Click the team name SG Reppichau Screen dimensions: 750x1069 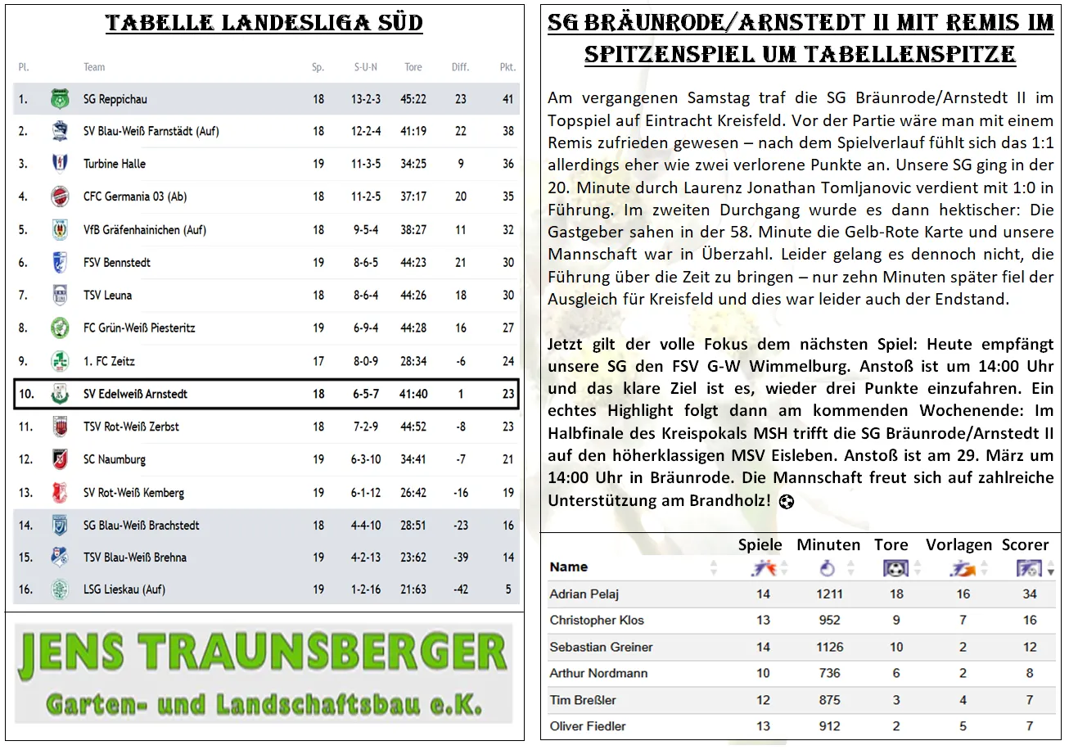[x=115, y=99]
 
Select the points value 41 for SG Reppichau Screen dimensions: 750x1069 [x=507, y=99]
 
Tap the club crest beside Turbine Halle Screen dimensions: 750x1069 [x=60, y=164]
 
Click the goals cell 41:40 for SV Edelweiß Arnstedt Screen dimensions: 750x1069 [x=413, y=394]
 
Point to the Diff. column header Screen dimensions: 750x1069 [x=461, y=67]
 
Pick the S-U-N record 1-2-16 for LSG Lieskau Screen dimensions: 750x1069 [x=366, y=590]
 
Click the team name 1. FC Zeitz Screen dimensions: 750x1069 [x=109, y=361]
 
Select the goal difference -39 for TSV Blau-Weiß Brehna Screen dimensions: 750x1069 [x=461, y=558]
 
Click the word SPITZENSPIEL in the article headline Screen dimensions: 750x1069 [x=685, y=55]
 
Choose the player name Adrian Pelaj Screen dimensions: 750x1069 [x=585, y=594]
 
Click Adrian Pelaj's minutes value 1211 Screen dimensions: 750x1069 [x=829, y=594]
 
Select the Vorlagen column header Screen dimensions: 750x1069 [x=958, y=544]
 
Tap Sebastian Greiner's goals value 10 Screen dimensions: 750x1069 [x=896, y=647]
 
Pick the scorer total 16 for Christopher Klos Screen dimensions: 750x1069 [x=1030, y=620]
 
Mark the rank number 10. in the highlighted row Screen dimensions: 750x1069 [x=26, y=394]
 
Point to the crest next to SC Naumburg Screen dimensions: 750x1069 [x=60, y=459]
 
